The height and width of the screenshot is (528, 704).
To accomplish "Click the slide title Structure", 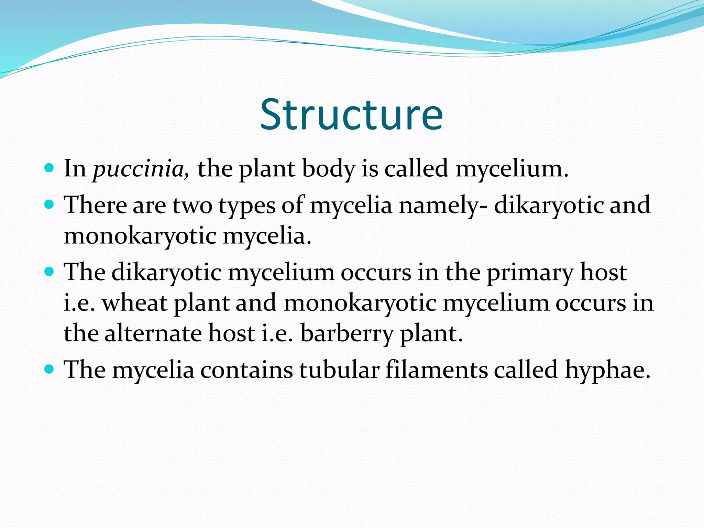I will (351, 115).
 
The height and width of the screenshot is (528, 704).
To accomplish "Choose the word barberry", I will (347, 334).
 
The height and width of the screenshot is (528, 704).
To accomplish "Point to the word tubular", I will (339, 370).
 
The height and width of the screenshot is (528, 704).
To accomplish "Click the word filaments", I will (436, 370).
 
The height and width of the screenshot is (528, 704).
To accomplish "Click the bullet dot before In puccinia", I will (49, 168).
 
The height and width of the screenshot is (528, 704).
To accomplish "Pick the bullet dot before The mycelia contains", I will (49, 370).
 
